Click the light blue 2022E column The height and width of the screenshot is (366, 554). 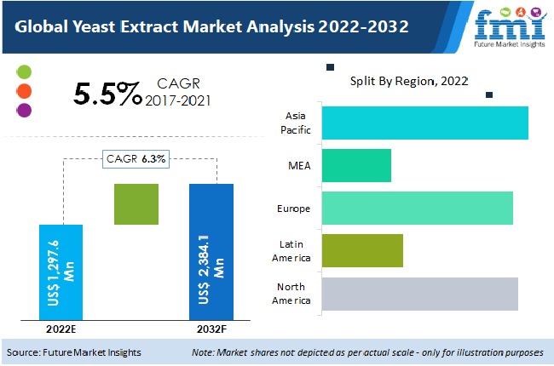(x=61, y=272)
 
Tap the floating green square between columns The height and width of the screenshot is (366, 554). (x=136, y=204)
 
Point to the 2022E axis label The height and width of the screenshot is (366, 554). (x=61, y=329)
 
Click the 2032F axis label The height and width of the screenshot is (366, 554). (x=211, y=329)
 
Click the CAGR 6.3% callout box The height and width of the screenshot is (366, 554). (x=136, y=158)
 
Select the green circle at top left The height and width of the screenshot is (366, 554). (x=24, y=71)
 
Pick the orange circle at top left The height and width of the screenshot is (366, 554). (x=24, y=91)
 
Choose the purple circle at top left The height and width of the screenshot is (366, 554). (x=24, y=110)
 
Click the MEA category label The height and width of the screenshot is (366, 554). (x=300, y=165)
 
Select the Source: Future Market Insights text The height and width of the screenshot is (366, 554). (x=75, y=352)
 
